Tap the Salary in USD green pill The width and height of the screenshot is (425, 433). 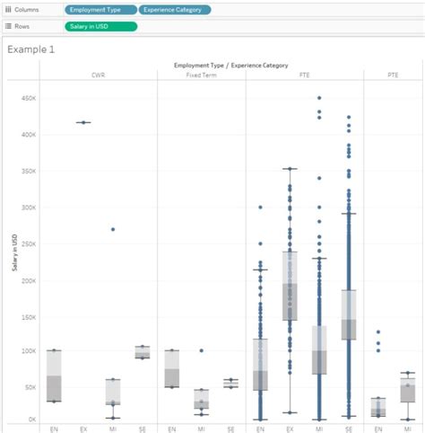tap(101, 27)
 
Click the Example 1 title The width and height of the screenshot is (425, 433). tap(30, 49)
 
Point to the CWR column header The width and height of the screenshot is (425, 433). tap(98, 75)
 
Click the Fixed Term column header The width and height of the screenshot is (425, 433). tap(200, 75)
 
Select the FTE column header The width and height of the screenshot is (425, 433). tap(304, 75)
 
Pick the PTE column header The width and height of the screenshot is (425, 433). tap(394, 75)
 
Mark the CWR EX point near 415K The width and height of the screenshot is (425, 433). tap(83, 122)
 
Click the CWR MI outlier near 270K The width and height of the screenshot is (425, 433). tap(113, 229)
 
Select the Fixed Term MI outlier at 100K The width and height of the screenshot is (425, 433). tap(201, 350)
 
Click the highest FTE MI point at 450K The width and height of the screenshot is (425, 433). tap(319, 98)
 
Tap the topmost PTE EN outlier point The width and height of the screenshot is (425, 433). tap(378, 332)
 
